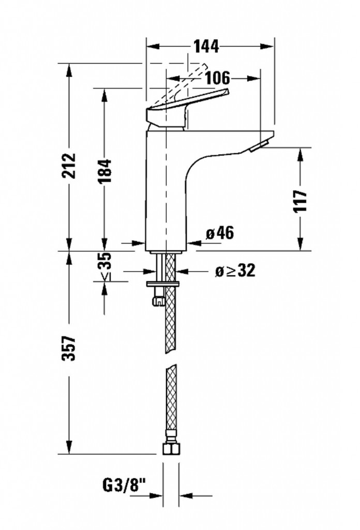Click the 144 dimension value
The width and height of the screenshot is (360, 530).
pyautogui.click(x=206, y=47)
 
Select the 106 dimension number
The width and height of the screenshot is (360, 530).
pyautogui.click(x=217, y=78)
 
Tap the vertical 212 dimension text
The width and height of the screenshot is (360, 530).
pyautogui.click(x=68, y=166)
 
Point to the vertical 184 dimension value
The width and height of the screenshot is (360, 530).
pyautogui.click(x=104, y=170)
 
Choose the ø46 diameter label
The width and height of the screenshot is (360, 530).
pyautogui.click(x=220, y=233)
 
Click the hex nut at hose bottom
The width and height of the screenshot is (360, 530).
pyautogui.click(x=170, y=447)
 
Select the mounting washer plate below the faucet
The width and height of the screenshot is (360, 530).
pyautogui.click(x=163, y=284)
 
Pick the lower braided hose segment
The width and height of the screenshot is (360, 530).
pyautogui.click(x=170, y=404)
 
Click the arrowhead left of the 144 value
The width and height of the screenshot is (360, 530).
pyautogui.click(x=152, y=47)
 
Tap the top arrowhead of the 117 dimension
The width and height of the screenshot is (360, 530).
pyautogui.click(x=301, y=153)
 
